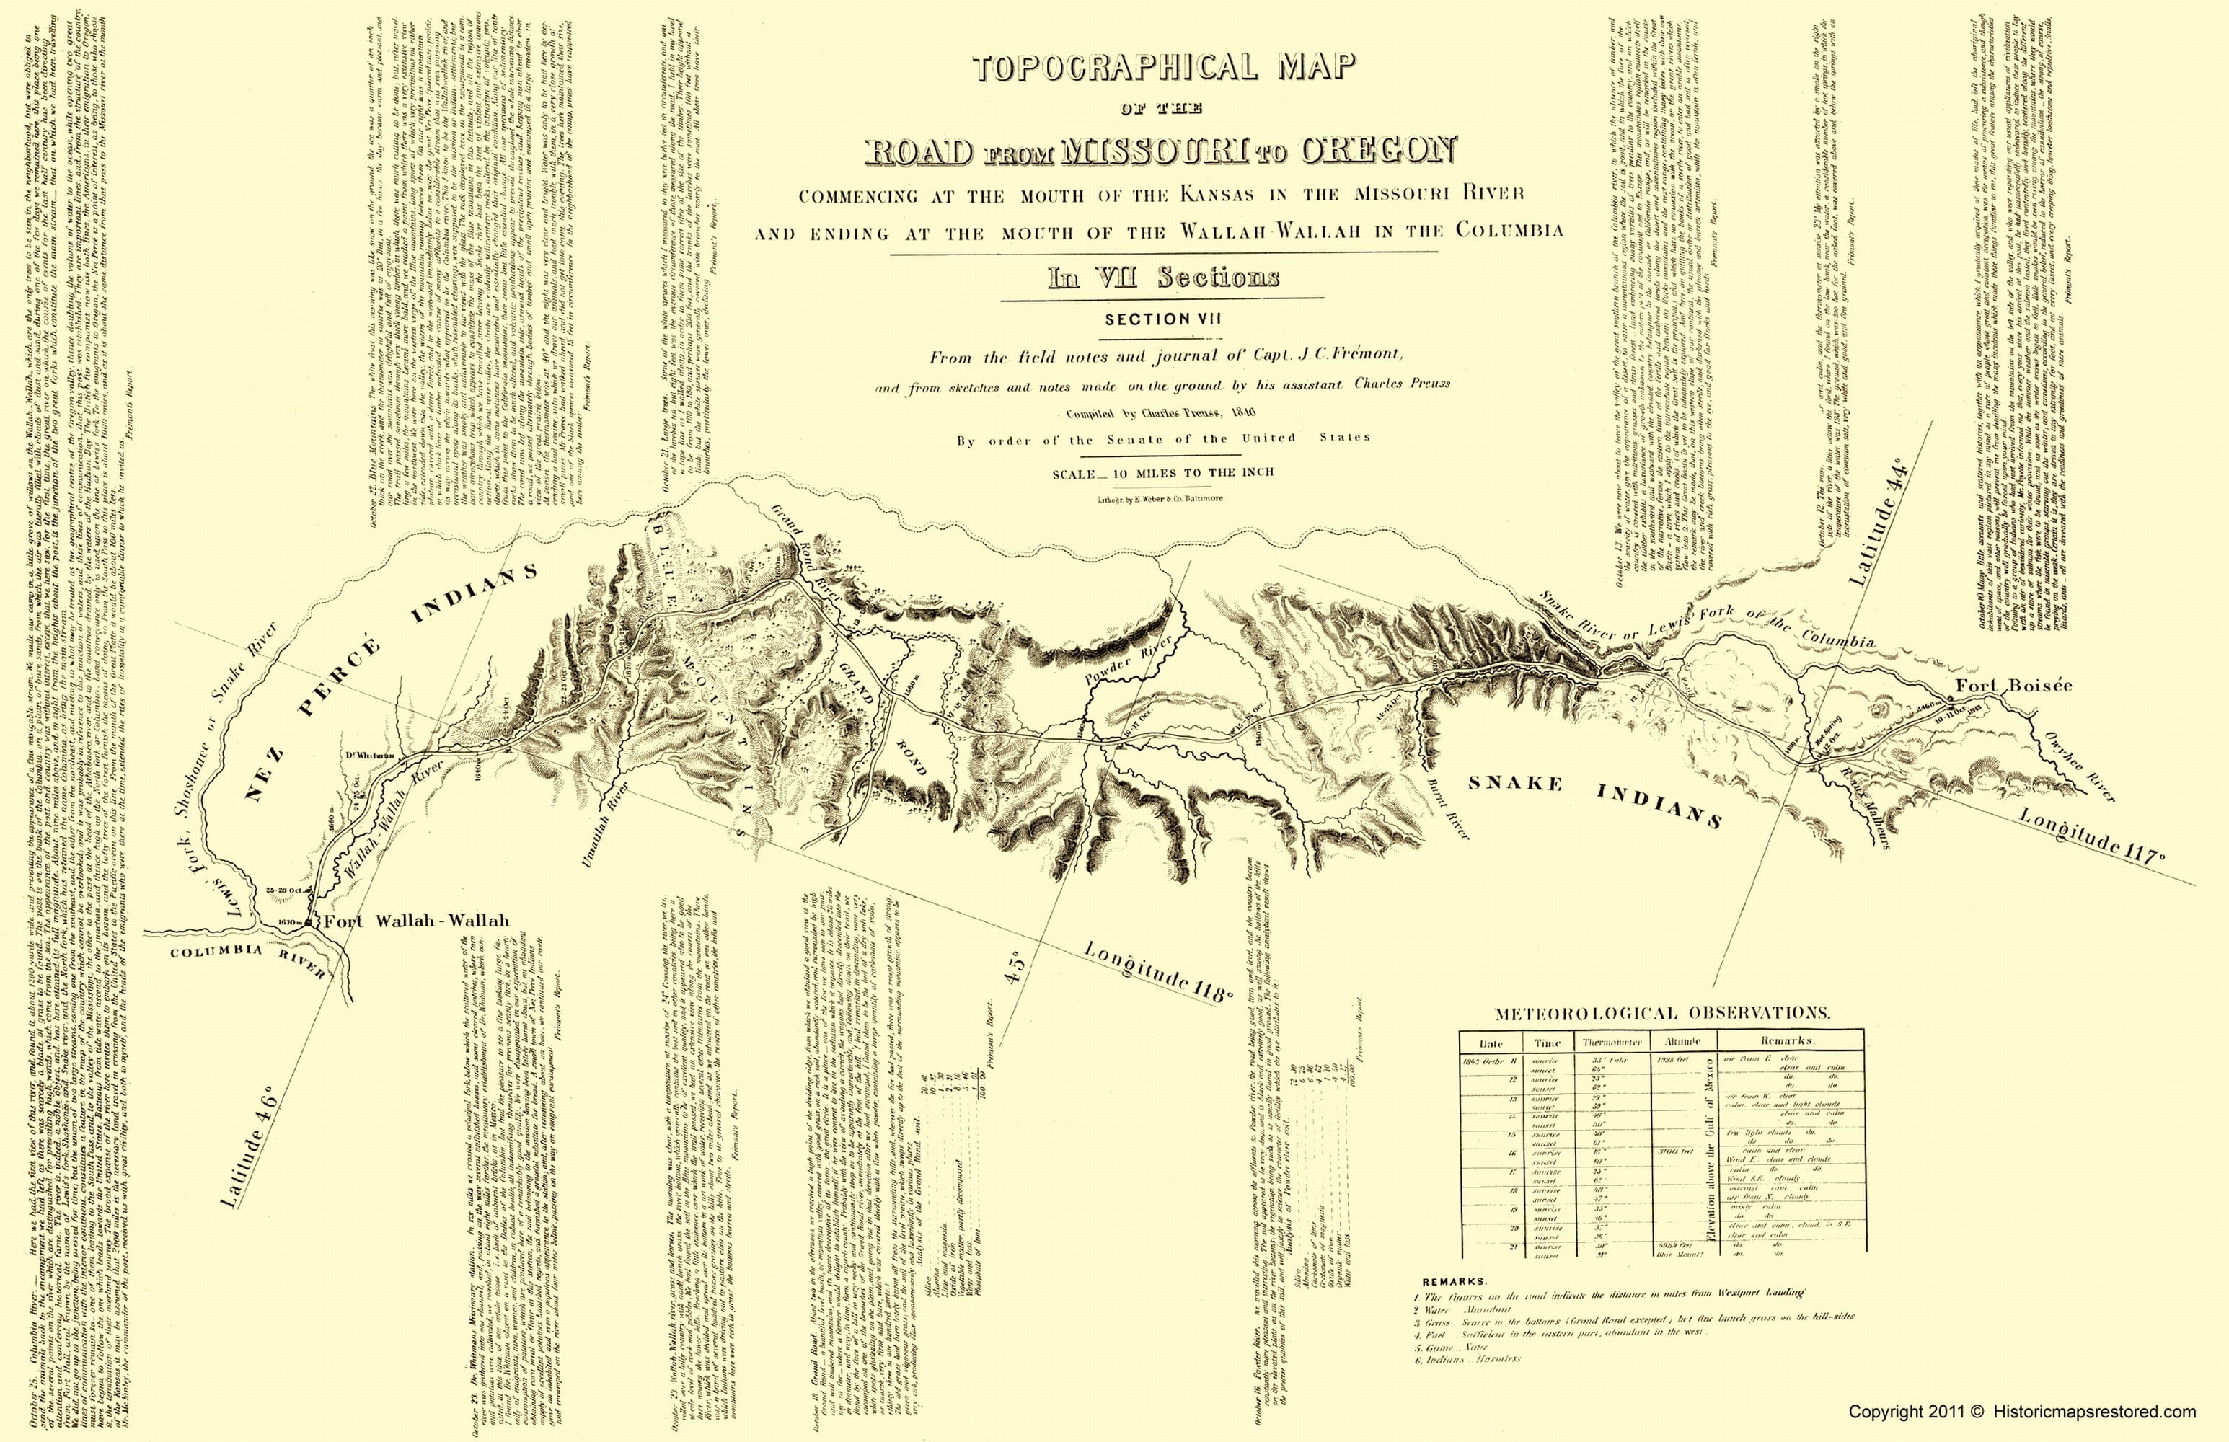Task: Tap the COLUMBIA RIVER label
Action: [247, 959]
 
